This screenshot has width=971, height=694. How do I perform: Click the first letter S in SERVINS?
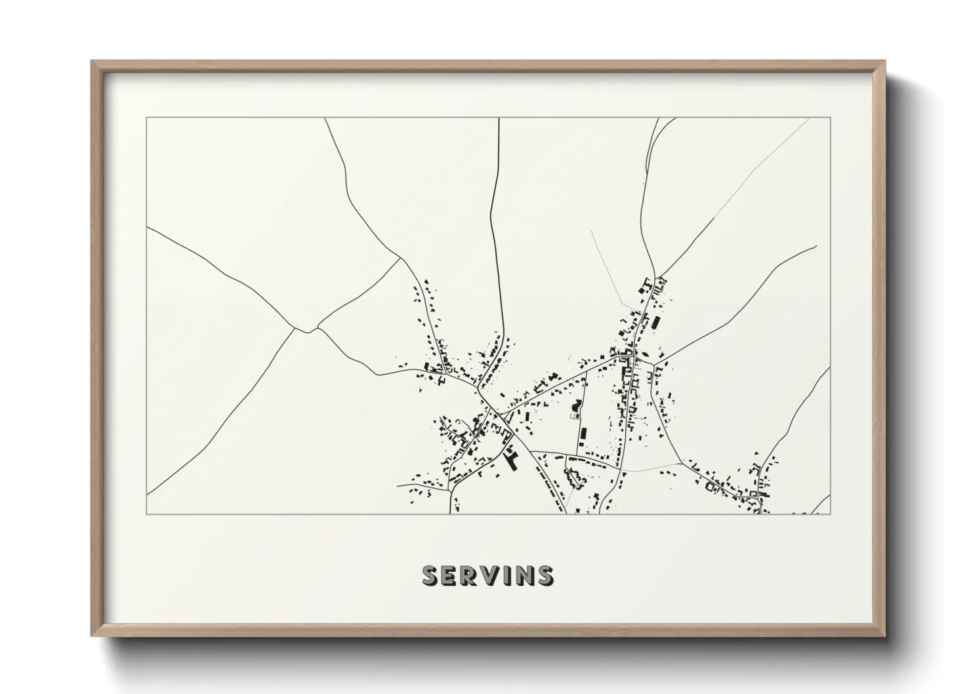click(x=431, y=575)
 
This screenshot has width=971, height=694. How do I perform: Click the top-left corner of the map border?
click(x=147, y=118)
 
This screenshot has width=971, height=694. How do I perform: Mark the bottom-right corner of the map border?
click(x=830, y=514)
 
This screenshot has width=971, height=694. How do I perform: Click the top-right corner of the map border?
click(x=830, y=118)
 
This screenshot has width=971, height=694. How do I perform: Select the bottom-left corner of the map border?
click(x=147, y=514)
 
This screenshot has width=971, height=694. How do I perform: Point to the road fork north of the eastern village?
click(x=658, y=276)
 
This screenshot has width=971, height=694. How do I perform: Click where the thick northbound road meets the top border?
click(x=499, y=119)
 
